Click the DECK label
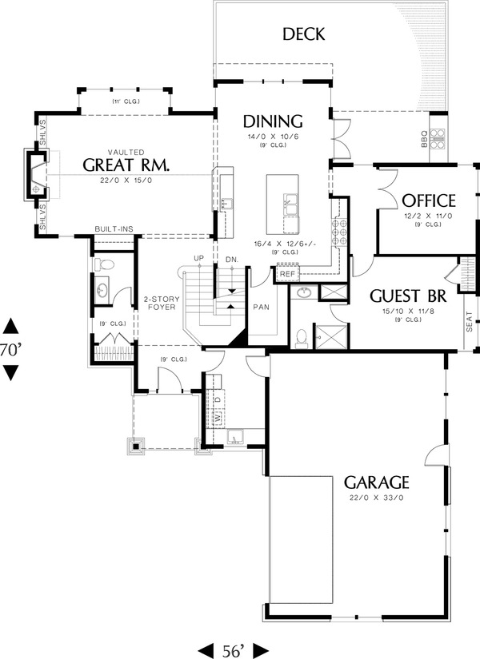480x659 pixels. coord(303,34)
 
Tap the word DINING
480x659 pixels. coord(273,121)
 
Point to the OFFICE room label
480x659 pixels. coord(429,200)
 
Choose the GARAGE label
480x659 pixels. coord(376,482)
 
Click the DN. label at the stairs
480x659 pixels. coord(232,259)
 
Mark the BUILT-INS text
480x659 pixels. coord(114,229)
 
